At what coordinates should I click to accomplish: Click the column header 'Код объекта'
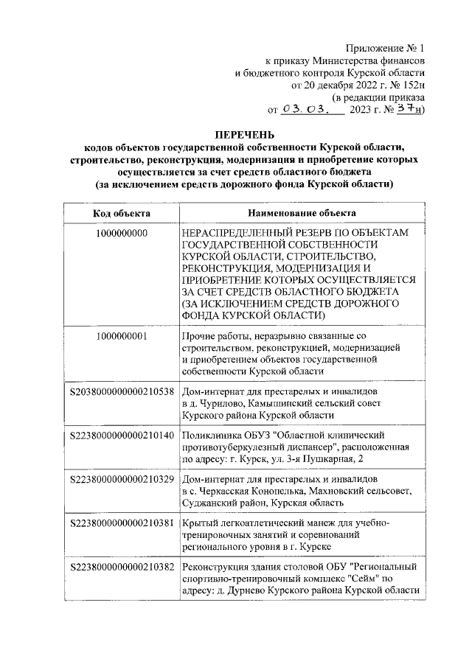(x=122, y=213)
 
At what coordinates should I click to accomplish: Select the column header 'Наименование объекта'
(x=299, y=213)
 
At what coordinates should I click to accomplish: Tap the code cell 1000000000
(x=122, y=233)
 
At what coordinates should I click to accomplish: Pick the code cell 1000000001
(x=122, y=336)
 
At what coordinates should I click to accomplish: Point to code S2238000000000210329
(x=122, y=479)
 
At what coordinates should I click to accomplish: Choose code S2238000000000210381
(x=122, y=523)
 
